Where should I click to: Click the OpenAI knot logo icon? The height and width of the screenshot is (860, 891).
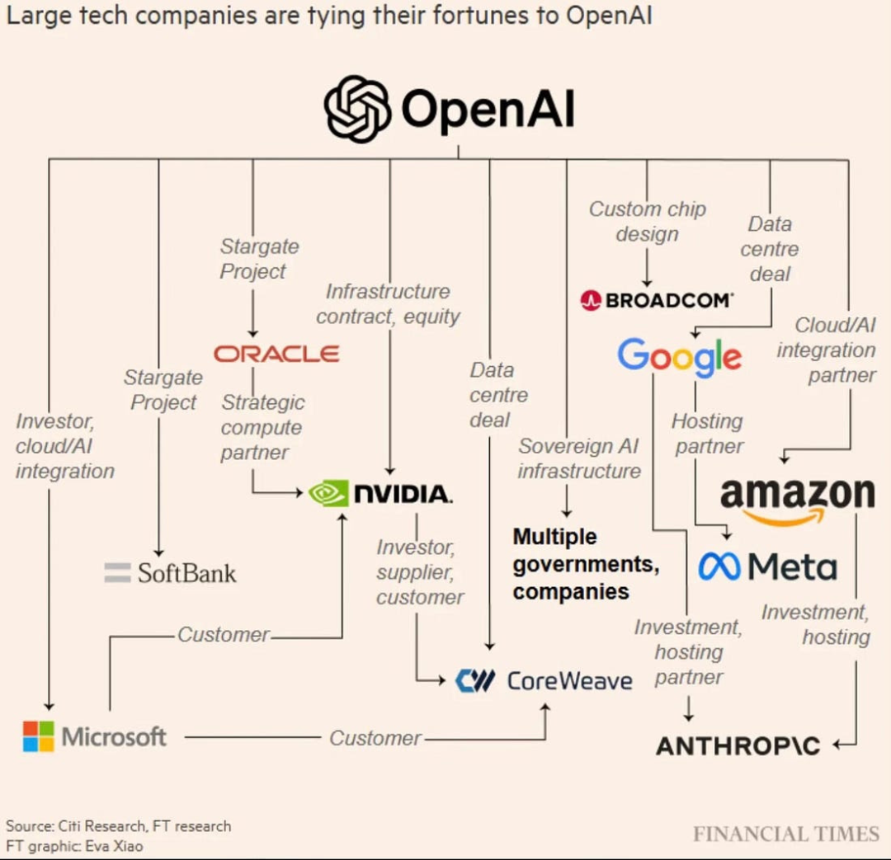coord(357,110)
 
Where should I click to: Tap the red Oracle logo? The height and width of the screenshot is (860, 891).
coord(276,354)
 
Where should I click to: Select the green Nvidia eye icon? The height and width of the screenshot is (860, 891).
coord(328,494)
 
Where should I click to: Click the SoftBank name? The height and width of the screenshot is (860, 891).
coord(186,573)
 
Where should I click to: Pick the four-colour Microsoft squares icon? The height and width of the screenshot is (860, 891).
coord(38,736)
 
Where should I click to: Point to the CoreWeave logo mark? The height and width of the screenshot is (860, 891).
coord(476,680)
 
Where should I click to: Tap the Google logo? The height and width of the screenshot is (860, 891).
coord(678,357)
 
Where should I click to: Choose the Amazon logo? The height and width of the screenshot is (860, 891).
coord(796,498)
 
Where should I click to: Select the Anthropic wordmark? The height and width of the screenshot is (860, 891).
coord(738,746)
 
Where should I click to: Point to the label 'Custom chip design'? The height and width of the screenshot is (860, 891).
coord(647,222)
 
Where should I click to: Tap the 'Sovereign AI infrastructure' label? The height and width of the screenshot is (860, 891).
coord(578,458)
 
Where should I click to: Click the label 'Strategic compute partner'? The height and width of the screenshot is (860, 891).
coord(262,427)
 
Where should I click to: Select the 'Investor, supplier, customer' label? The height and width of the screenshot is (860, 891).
coord(420,572)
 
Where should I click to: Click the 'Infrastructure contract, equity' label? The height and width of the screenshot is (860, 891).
coord(388,304)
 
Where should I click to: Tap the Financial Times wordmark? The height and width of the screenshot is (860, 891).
coord(785,834)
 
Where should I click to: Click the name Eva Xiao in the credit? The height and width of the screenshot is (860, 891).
coord(119,845)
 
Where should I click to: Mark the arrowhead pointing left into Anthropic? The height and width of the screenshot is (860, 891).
coord(838,745)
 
